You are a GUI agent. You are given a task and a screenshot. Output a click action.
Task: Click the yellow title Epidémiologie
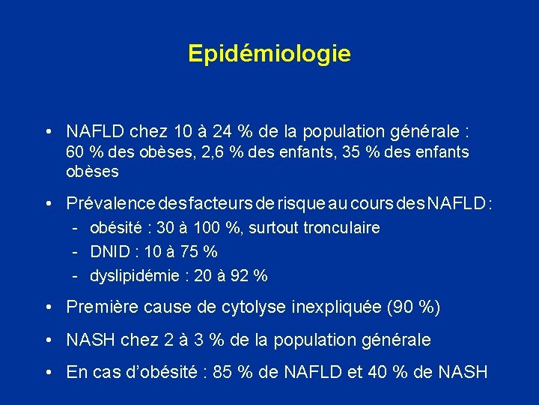(269, 54)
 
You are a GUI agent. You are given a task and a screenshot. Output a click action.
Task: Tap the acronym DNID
(111, 251)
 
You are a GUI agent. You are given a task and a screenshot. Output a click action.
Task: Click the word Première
(98, 307)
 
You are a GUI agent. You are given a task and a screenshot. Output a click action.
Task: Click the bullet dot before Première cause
(47, 307)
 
